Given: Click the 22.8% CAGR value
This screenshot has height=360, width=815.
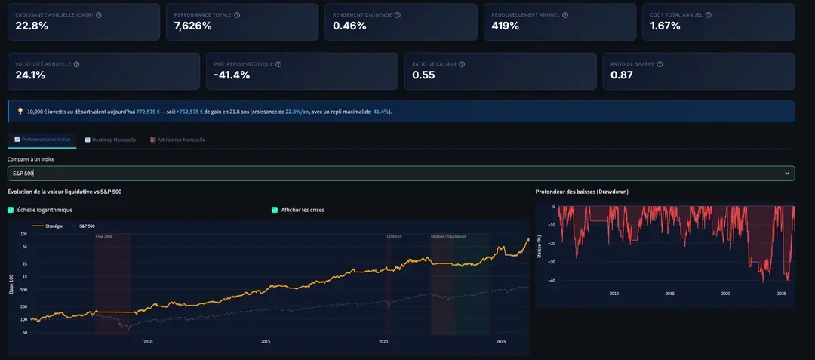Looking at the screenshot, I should [x=32, y=26].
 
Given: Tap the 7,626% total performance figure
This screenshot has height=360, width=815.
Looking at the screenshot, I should [x=192, y=26].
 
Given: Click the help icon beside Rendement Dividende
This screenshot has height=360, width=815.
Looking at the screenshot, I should [x=398, y=15].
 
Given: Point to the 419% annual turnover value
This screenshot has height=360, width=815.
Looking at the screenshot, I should [x=505, y=26].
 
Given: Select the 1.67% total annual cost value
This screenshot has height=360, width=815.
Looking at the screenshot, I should [x=665, y=26].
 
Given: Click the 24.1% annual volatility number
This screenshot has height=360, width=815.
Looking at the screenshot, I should [x=30, y=75].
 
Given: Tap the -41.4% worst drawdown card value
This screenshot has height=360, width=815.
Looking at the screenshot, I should [x=232, y=75].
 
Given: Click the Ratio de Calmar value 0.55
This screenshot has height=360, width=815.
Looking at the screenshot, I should [x=423, y=75].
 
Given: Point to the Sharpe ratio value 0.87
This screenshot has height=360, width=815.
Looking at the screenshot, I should [x=623, y=75].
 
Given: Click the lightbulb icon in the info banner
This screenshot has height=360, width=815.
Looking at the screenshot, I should [x=20, y=112].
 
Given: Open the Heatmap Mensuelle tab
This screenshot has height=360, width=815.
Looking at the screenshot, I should [x=110, y=140].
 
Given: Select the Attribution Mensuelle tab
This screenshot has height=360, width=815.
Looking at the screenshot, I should [x=178, y=140].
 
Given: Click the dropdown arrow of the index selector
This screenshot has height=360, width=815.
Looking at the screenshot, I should [x=787, y=174].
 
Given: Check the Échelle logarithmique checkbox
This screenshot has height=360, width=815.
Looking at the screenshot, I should [x=11, y=210].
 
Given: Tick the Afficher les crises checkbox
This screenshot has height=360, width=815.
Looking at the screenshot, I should [x=275, y=210].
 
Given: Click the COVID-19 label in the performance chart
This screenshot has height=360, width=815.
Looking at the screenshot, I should [x=394, y=236].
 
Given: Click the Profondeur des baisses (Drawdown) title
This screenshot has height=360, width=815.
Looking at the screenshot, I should [x=582, y=192].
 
